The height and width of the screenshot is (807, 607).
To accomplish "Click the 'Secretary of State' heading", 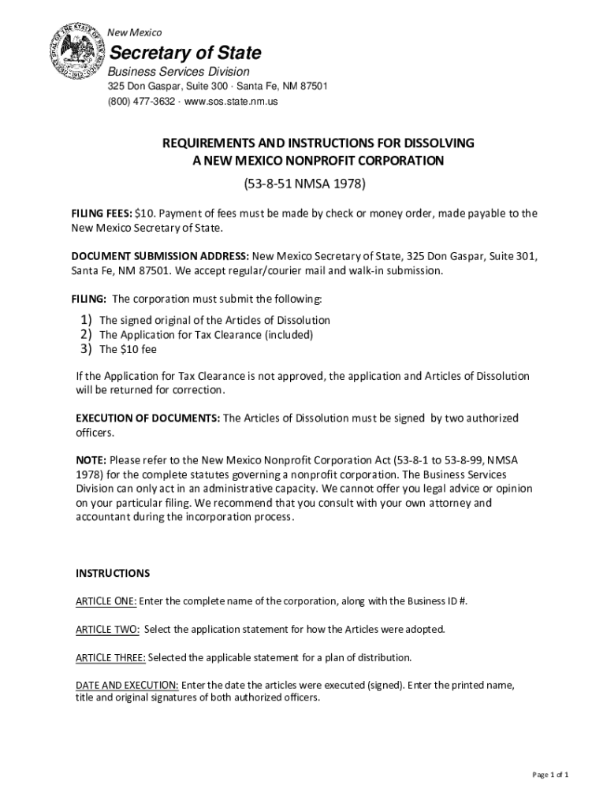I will (x=184, y=54).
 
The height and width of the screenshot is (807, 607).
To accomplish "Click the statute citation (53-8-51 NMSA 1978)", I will (x=303, y=185).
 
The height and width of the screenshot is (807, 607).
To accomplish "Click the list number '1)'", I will (x=86, y=320).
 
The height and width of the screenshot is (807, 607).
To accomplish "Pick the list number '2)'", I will (x=86, y=334).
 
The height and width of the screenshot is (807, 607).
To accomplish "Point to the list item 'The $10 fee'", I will (x=122, y=349).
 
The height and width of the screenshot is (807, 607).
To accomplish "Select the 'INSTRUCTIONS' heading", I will (x=113, y=572).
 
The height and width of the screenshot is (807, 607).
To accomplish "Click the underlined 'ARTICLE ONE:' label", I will (x=106, y=601).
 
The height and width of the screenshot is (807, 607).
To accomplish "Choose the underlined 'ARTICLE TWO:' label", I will (x=107, y=630).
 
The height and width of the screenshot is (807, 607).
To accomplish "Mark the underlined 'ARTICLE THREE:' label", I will (x=110, y=657).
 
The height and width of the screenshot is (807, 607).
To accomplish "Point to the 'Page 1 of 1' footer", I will (x=550, y=775).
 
